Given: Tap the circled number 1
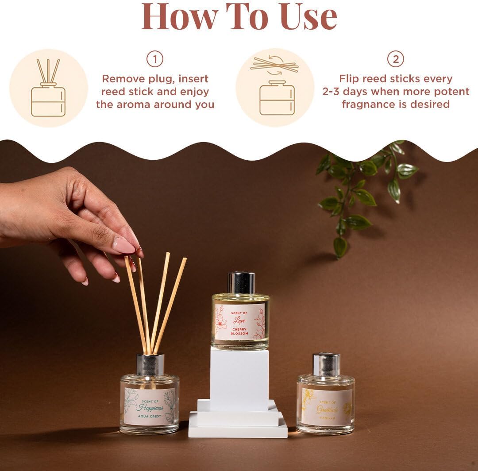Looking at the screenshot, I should [155, 59].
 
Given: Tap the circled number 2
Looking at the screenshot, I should [395, 59].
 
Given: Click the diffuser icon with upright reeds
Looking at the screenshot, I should [48, 88].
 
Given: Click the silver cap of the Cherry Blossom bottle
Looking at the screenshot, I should [241, 283].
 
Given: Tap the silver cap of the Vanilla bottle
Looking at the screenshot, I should [326, 364].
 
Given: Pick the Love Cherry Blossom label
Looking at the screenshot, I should [240, 321].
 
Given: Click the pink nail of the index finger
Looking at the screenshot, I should [123, 246].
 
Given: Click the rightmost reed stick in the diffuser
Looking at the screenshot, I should [170, 301].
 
